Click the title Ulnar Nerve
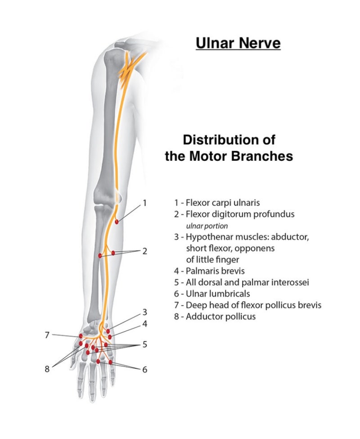(238, 43)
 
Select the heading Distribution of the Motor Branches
(229, 148)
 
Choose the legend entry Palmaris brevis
(210, 271)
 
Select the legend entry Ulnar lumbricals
(214, 294)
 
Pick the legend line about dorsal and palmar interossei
(242, 282)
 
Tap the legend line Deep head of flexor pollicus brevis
(248, 305)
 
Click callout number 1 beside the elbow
(145, 203)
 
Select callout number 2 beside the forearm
(144, 251)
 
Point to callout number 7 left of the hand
(47, 335)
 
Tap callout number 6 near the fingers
(144, 370)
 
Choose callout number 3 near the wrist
(144, 312)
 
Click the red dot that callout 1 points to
(117, 222)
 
